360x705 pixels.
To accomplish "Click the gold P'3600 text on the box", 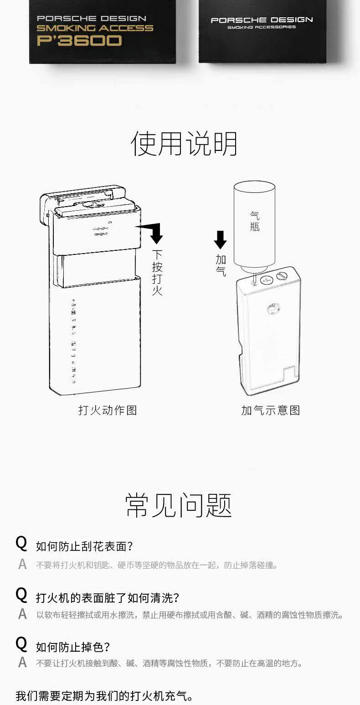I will point(79,41).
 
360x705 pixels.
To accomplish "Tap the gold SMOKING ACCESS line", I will point(95,28).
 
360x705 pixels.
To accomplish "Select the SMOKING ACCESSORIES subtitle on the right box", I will point(262,27).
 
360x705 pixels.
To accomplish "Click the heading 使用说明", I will point(184,143).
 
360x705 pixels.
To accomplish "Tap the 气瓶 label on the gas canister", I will point(255,220).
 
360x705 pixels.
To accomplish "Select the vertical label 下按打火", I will point(157,272).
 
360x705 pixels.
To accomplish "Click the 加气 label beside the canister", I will point(221,265).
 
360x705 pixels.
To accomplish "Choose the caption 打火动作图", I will point(108,410).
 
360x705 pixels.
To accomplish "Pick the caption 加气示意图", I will point(270,410).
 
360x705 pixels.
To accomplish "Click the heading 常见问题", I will point(179,505).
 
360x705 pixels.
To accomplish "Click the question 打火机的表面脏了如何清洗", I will point(107,597).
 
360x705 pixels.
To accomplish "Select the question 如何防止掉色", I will point(73,647).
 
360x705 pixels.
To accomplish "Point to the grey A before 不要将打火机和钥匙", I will point(22,565).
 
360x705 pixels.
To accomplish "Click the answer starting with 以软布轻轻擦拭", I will point(189,615).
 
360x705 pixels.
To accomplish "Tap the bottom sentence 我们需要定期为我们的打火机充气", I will point(104,696).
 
